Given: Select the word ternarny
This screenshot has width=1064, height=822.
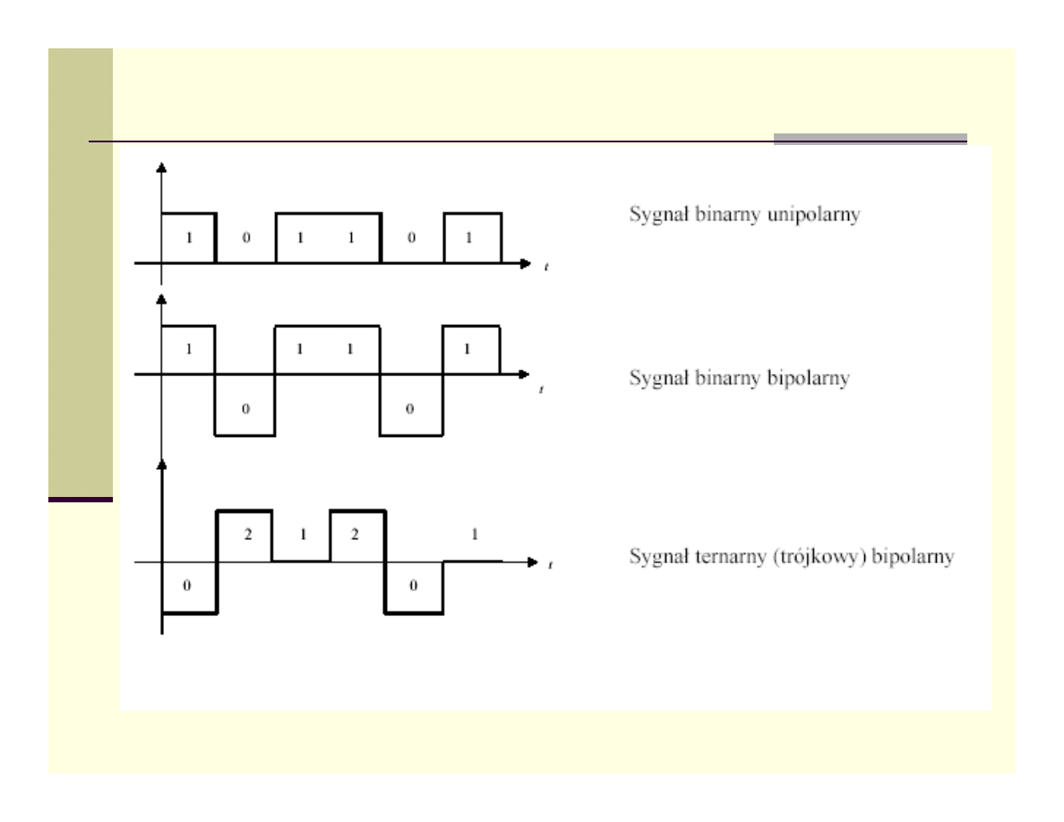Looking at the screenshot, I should tap(718, 557).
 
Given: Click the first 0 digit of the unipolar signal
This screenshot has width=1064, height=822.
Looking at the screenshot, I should tap(245, 239).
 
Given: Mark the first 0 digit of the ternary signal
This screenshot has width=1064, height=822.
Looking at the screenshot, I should tap(188, 586).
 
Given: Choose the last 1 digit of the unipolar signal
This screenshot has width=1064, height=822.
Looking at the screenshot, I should tap(467, 239).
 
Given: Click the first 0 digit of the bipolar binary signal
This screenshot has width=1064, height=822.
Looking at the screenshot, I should tap(245, 408).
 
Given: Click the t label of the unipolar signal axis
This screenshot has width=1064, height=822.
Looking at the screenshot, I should tap(545, 267).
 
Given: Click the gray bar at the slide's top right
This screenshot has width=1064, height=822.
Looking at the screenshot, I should tap(870, 138).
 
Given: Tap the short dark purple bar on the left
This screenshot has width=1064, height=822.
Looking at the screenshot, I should tap(81, 499).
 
